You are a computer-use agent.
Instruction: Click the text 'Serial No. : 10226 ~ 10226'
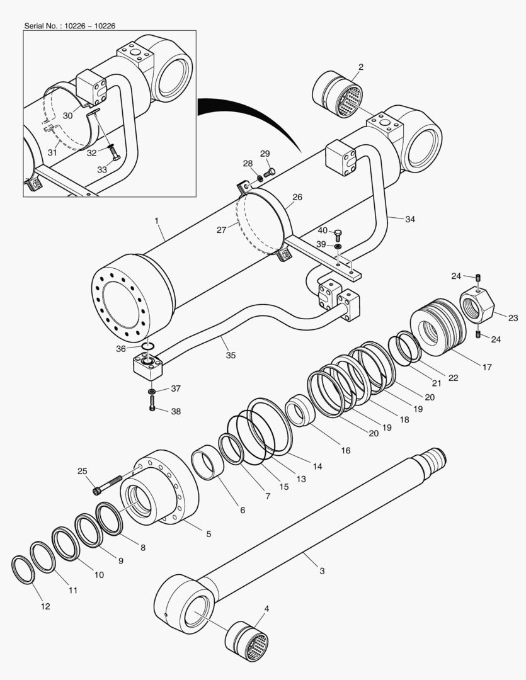(69, 26)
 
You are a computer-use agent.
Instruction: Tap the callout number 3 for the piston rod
(322, 571)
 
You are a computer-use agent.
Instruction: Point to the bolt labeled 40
(338, 235)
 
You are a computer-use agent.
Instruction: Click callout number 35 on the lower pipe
(231, 356)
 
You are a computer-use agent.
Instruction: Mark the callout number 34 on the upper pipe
(409, 219)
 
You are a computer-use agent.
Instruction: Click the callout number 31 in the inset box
(52, 152)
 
